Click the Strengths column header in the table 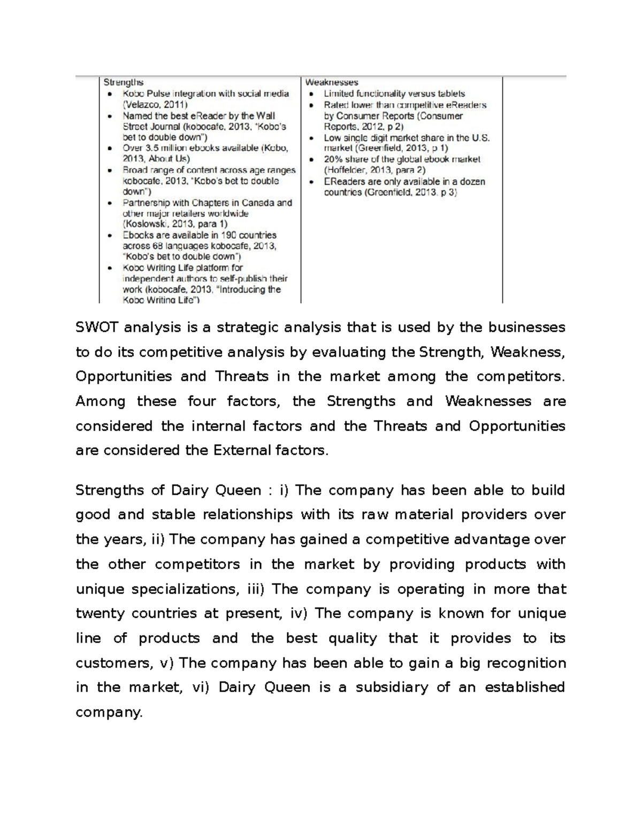click(x=124, y=82)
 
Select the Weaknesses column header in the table click(x=332, y=82)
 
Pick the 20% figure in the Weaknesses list click(x=333, y=159)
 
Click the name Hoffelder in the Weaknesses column click(x=346, y=170)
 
